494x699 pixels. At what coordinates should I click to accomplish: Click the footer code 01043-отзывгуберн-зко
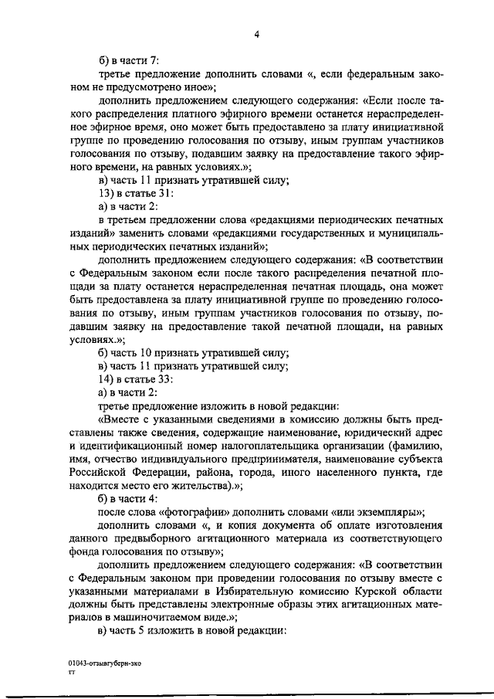pyautogui.click(x=104, y=663)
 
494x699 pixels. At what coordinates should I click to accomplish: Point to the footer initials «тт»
pyautogui.click(x=71, y=673)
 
